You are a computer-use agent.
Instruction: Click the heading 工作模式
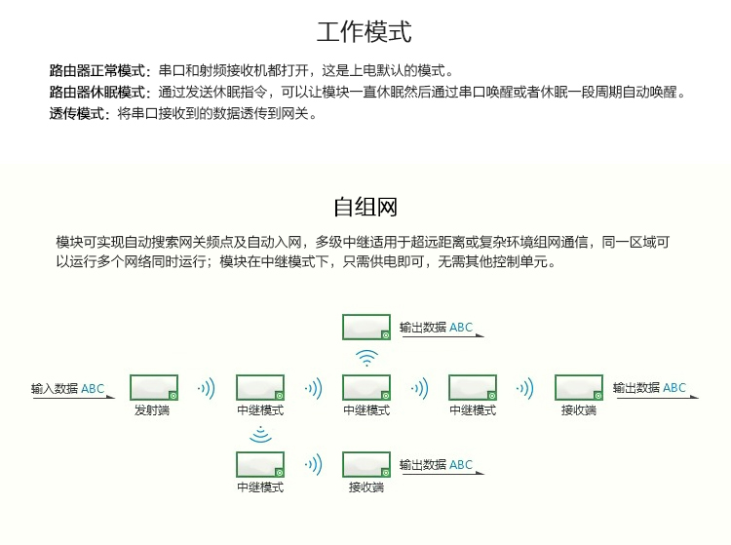[365, 32]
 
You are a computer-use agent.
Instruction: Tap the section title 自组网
[365, 207]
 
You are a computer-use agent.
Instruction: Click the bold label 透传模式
[76, 113]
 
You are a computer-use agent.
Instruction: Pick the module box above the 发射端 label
[154, 387]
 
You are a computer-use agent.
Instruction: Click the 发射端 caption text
[152, 410]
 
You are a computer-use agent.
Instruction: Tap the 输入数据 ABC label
[67, 388]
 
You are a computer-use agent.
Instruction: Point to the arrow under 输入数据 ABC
[74, 398]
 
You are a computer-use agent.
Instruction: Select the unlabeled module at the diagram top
[365, 327]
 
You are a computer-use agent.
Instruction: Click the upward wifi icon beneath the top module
[366, 358]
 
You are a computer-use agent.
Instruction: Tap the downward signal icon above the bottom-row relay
[260, 434]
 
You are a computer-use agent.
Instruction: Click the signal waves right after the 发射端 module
[207, 388]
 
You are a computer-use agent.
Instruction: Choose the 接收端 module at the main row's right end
[579, 387]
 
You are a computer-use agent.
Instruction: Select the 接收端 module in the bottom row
[365, 464]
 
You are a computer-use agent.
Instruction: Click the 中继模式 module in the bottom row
[260, 464]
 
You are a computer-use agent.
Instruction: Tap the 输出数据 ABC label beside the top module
[436, 328]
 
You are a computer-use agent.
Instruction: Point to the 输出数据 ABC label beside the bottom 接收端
[436, 465]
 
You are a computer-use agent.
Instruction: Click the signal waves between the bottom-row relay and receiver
[313, 465]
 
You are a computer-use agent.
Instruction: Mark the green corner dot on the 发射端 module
[173, 396]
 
